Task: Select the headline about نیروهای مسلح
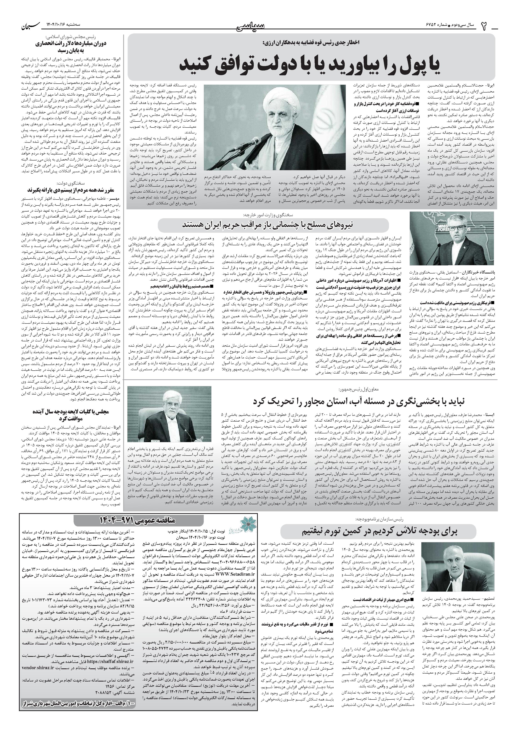tap(273, 225)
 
